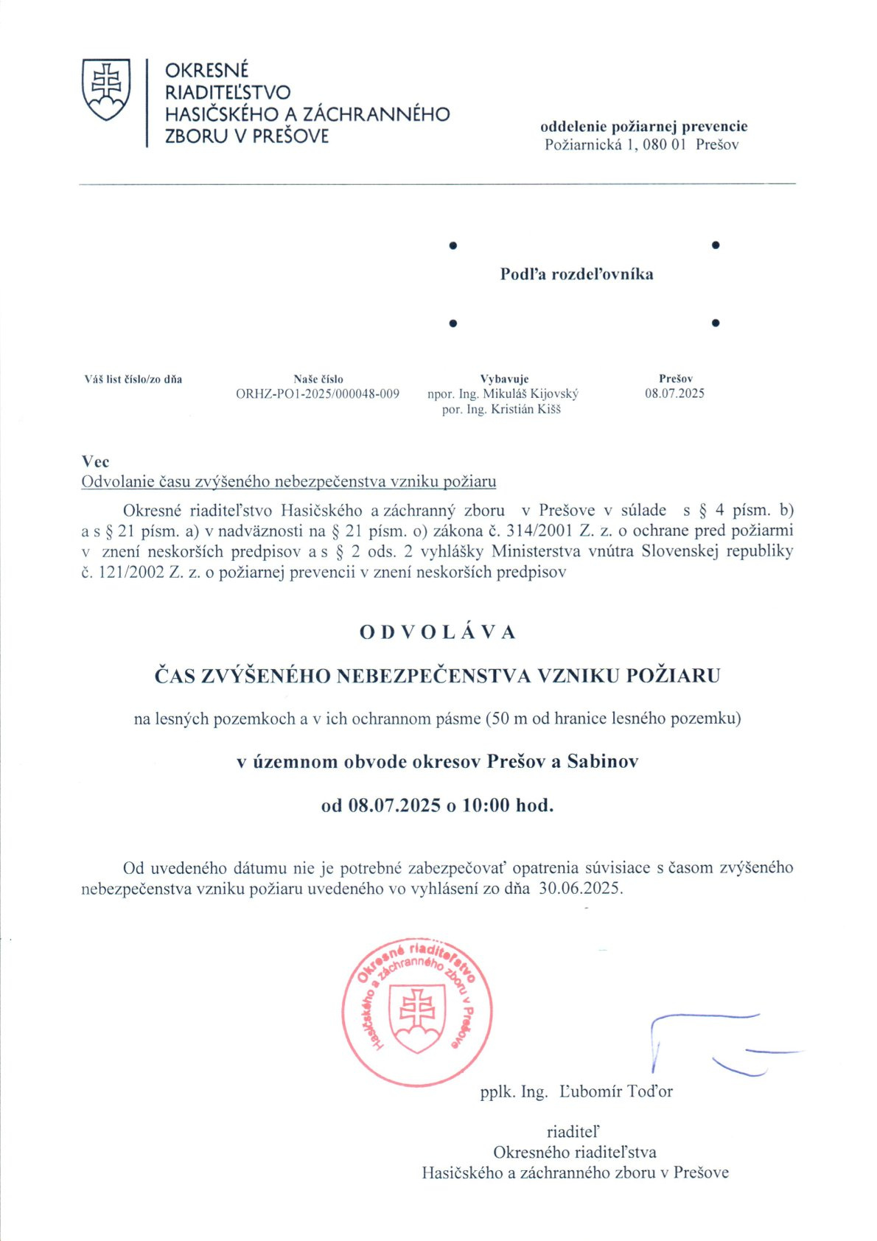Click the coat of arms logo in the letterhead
click(106, 89)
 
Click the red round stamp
click(417, 1013)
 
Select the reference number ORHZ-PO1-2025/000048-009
click(318, 394)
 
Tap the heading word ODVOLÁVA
click(438, 632)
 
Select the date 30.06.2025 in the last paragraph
click(580, 888)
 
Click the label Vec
click(96, 462)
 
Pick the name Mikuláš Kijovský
click(531, 394)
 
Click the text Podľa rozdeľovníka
click(576, 274)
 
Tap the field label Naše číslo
click(318, 380)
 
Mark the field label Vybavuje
click(504, 380)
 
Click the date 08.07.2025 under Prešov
click(674, 394)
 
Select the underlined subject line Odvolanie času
click(289, 482)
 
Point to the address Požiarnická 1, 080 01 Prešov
click(641, 145)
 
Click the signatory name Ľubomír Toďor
click(616, 1091)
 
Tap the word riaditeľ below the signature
click(573, 1131)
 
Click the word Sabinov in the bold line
click(602, 762)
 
